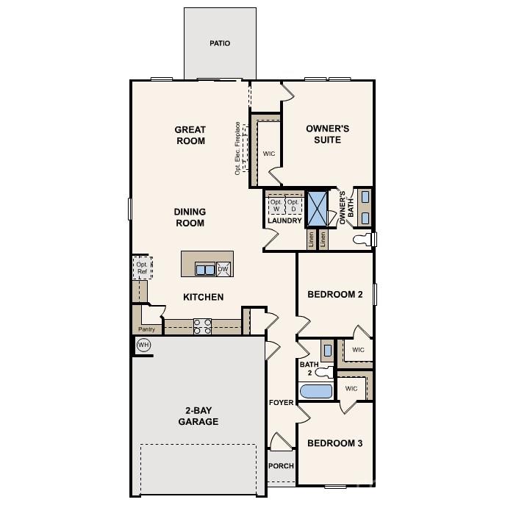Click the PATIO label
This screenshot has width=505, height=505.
point(220,43)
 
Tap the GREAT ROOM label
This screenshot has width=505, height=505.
point(190,135)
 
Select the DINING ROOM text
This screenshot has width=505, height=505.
point(189,218)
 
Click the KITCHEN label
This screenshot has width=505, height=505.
point(203,297)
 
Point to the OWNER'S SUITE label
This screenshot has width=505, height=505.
point(327,134)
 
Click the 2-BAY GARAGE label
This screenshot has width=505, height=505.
point(198,416)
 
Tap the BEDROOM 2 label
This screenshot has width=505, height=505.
point(334,295)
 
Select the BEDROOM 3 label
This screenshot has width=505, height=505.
point(334,443)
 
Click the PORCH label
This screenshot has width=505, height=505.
point(281,466)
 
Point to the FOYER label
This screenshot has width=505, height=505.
point(281,402)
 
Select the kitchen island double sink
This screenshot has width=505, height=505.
point(204,270)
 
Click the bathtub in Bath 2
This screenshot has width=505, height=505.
point(316,391)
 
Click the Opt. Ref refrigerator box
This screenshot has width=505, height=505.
point(142,268)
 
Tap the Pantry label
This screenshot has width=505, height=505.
point(147,329)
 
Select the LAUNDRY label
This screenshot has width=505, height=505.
point(284,221)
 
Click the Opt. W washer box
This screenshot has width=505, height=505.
point(276,205)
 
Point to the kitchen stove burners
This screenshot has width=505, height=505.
point(202,325)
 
